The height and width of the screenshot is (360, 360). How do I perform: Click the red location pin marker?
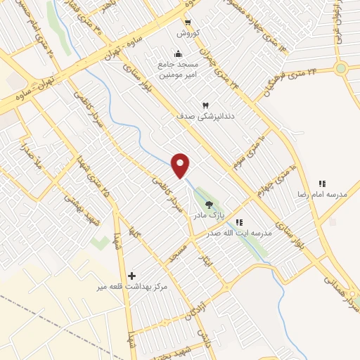[x=181, y=164]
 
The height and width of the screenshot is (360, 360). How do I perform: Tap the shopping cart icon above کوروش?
[x=188, y=22]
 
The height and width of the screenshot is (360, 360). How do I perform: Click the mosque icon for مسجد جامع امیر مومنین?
[x=179, y=53]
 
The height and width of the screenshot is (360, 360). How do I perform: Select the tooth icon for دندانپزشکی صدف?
[x=206, y=105]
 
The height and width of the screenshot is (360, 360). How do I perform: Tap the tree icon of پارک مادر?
[x=209, y=205]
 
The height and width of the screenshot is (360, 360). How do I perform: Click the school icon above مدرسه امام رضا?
[x=322, y=184]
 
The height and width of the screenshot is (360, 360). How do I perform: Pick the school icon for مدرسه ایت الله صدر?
[x=239, y=222]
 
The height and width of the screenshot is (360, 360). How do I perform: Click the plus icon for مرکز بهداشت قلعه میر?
[x=131, y=275]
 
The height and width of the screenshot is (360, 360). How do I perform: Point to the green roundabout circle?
[x=341, y=68]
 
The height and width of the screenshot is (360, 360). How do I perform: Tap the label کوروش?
[x=188, y=33]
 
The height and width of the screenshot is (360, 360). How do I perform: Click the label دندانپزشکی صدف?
[x=206, y=116]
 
